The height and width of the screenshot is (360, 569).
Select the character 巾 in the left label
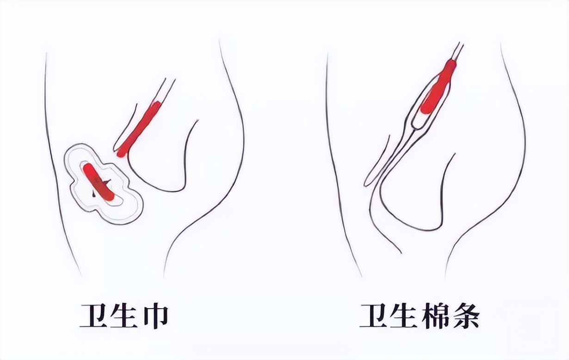[x=156, y=317]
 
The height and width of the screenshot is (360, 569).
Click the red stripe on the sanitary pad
[x=99, y=182]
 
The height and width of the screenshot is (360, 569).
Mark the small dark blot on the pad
[x=94, y=194]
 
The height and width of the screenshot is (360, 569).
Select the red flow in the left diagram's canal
[x=139, y=129]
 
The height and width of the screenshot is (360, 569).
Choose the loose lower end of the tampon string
[x=366, y=185]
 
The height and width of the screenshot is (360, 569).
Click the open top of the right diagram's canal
[x=459, y=44]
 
